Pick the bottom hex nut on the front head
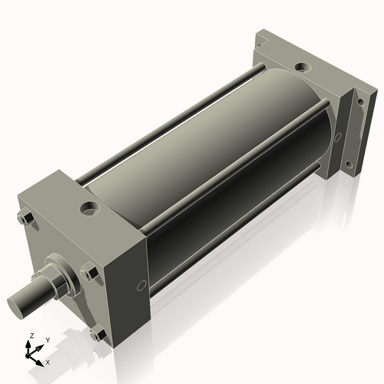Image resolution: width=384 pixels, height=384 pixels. click(x=97, y=333)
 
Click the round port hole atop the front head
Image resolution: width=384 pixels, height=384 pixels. click(x=91, y=207)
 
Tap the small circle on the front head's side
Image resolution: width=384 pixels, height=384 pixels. click(x=141, y=286)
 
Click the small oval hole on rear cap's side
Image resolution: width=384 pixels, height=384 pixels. click(x=337, y=138)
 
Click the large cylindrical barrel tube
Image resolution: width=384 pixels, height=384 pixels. click(x=207, y=154)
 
